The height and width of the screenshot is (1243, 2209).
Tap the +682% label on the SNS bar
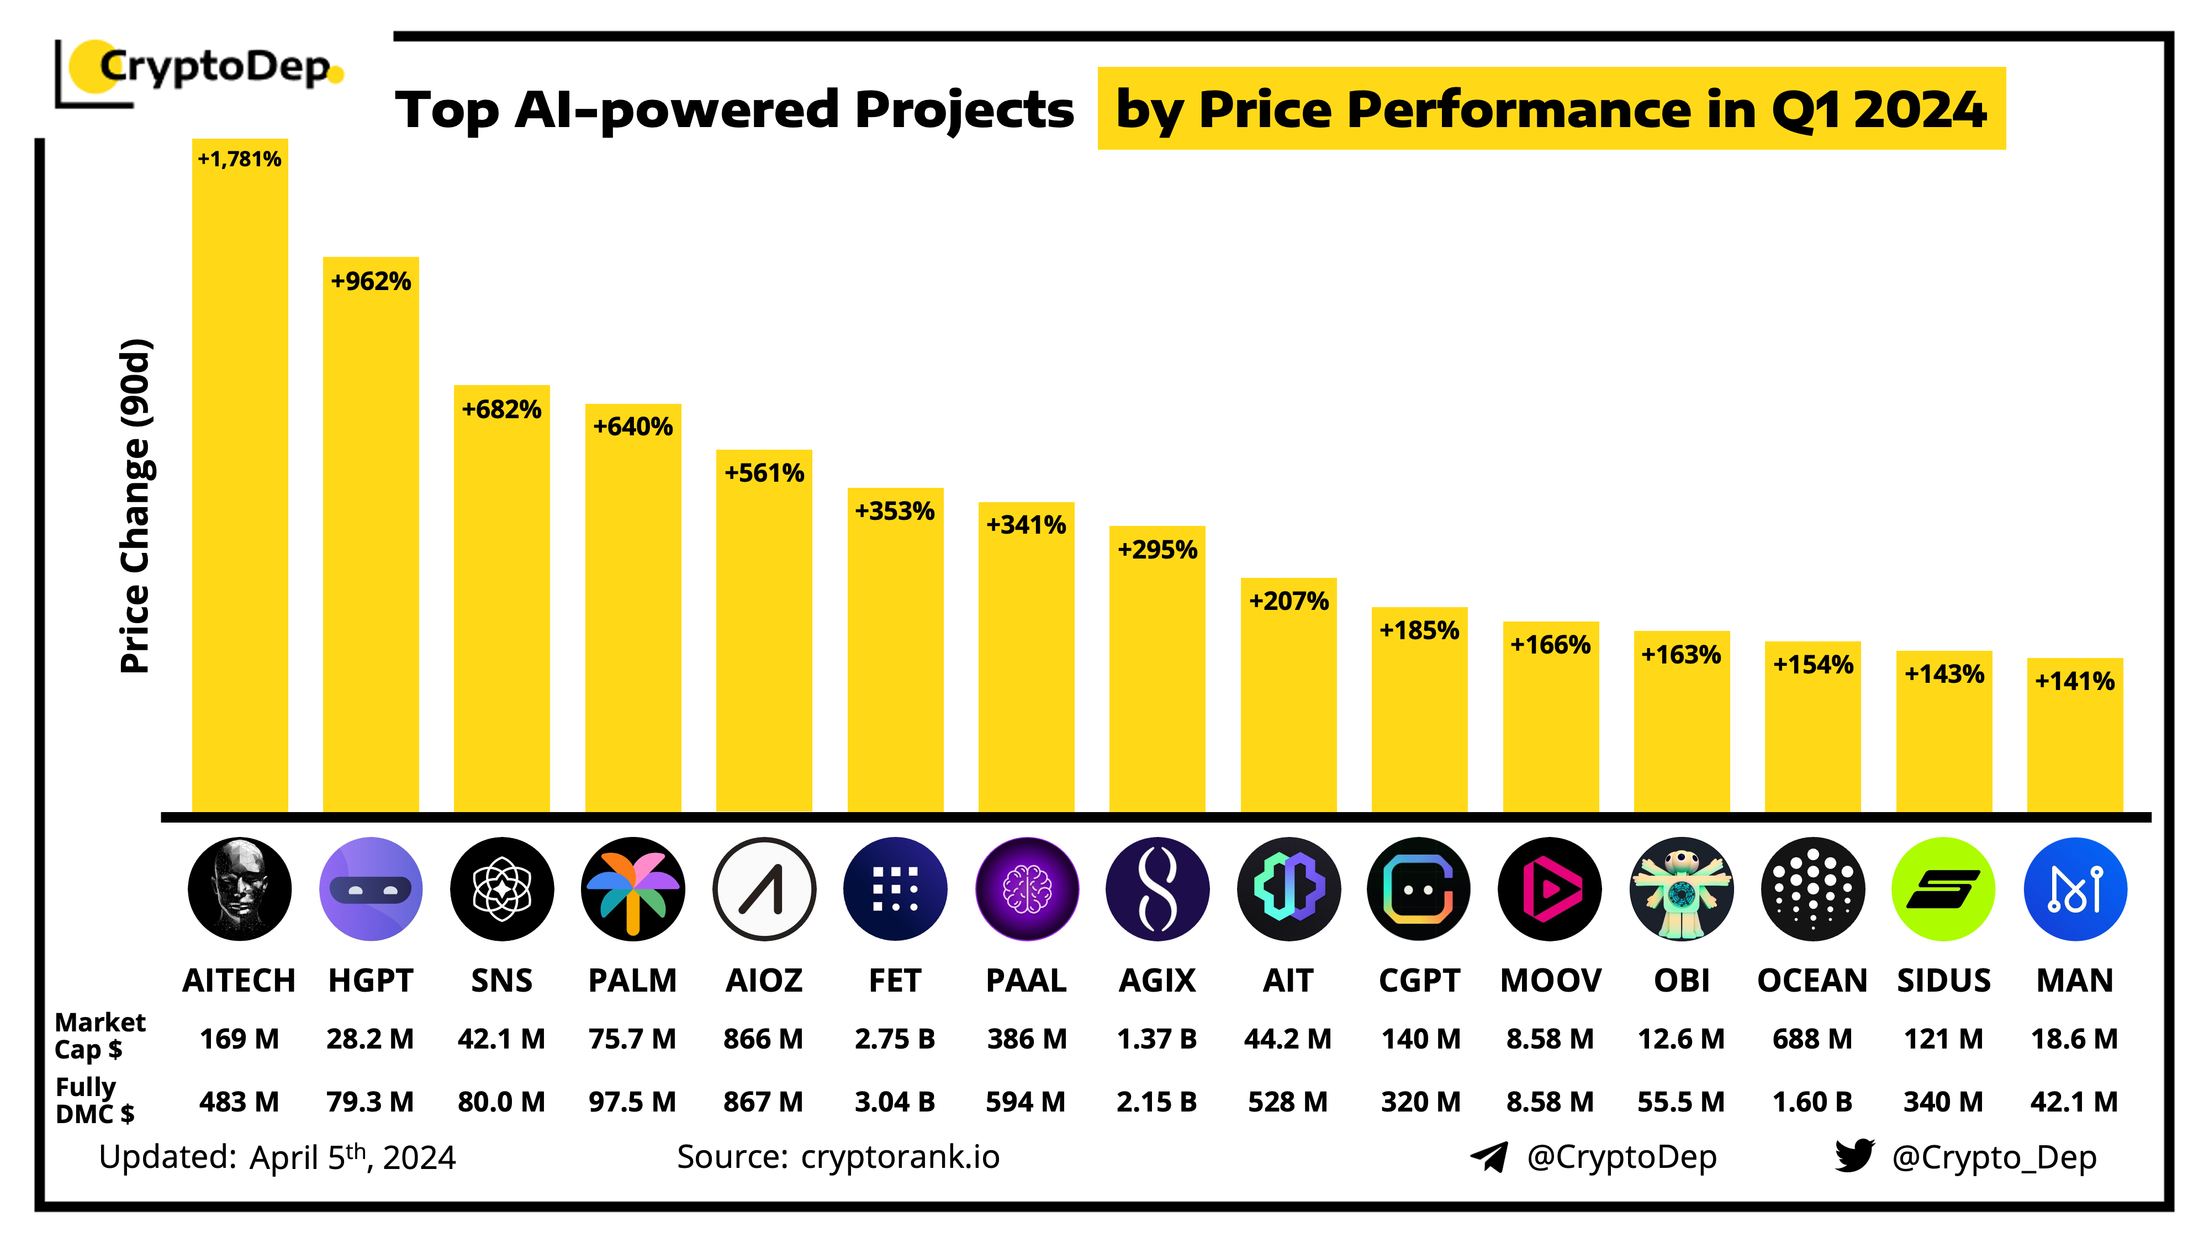(501, 409)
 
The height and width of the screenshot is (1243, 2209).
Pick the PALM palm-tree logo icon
(633, 889)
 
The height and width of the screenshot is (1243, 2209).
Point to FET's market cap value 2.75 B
(895, 1039)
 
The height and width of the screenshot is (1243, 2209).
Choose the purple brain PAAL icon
(1027, 889)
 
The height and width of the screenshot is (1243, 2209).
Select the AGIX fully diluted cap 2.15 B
(1157, 1102)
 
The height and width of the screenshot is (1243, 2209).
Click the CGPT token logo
(1419, 889)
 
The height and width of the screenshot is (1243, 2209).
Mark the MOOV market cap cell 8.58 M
(1550, 1039)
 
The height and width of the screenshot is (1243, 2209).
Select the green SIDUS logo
(1943, 889)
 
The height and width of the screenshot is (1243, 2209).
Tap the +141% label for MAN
(2074, 681)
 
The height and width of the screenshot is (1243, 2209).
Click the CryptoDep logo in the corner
(202, 69)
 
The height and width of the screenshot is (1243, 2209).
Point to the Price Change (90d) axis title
(135, 506)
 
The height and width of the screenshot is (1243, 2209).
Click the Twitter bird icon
(1854, 1156)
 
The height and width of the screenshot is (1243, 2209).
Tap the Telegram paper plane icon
(1489, 1156)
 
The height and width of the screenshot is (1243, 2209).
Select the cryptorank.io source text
(900, 1156)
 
